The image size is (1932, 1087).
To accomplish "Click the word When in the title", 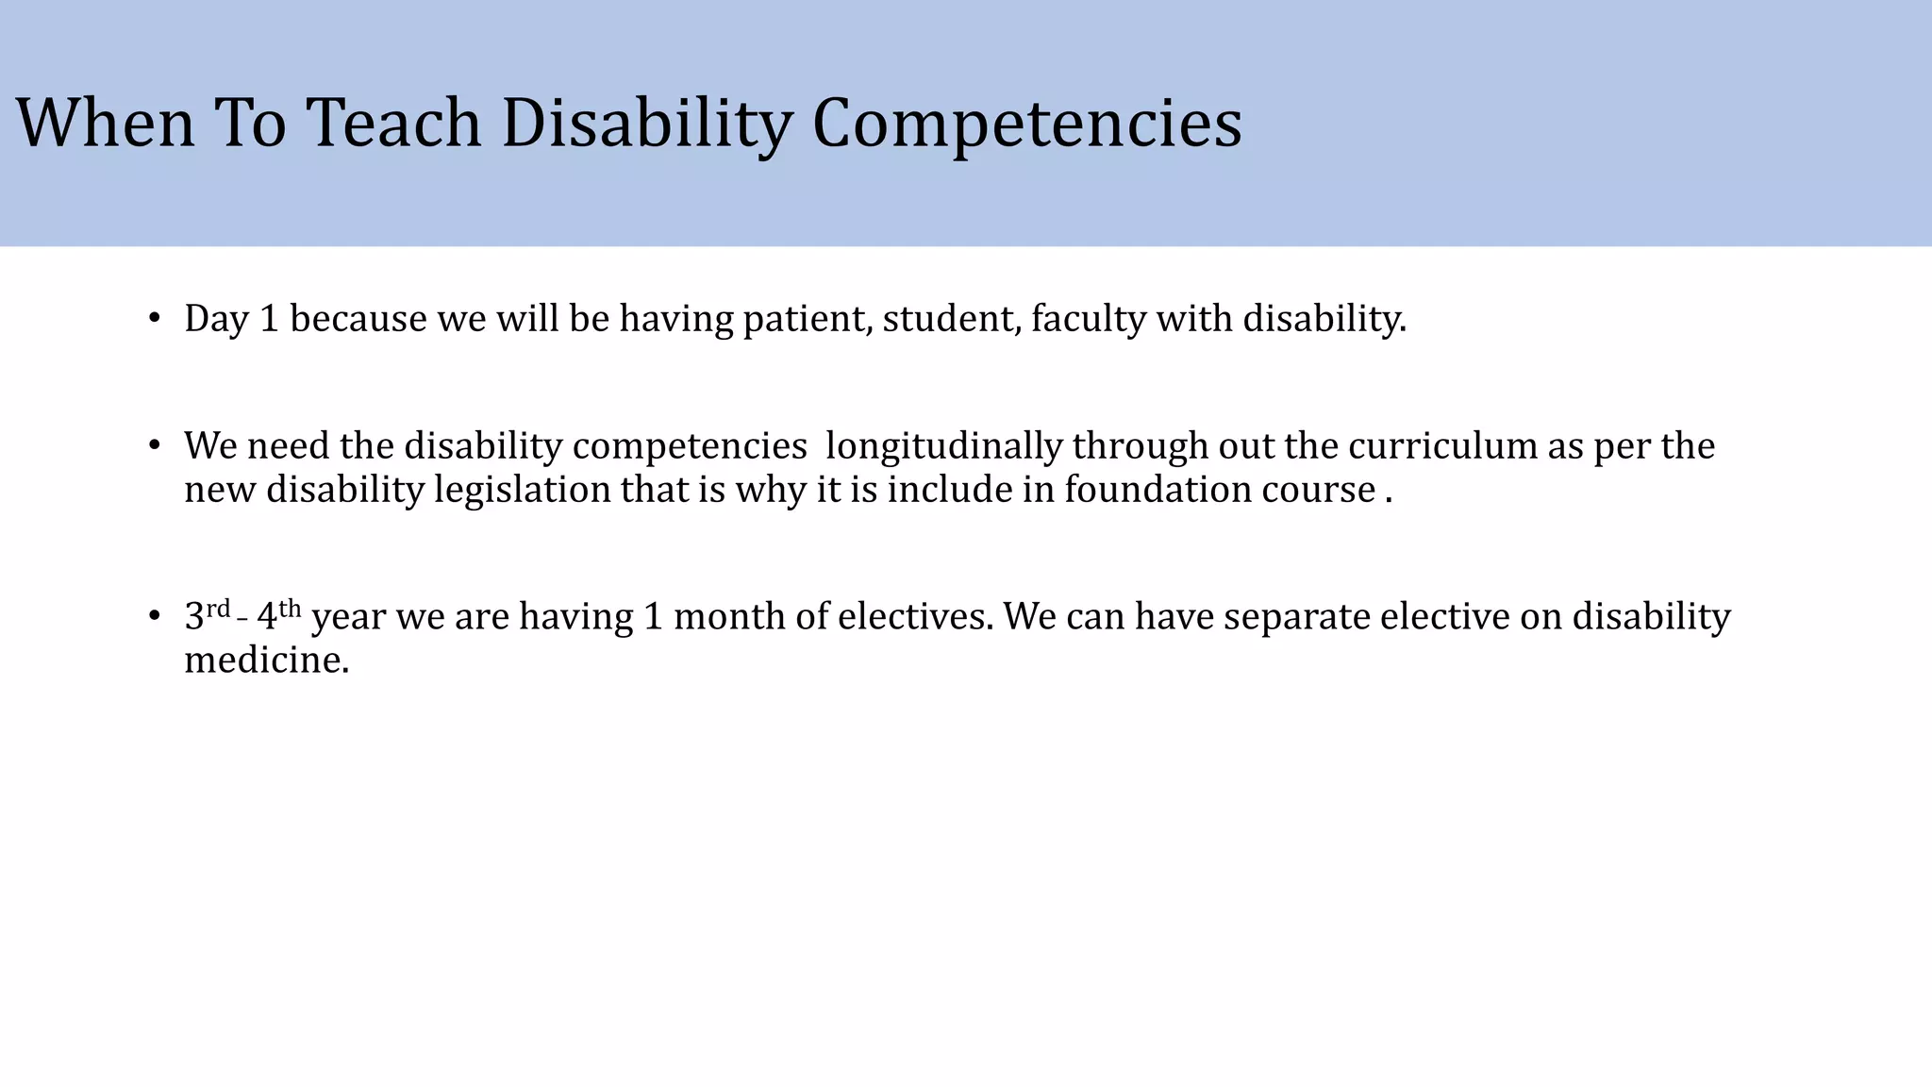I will click(105, 124).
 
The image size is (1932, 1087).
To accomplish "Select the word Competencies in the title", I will click(1026, 124).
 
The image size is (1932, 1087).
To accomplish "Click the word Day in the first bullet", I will click(216, 319).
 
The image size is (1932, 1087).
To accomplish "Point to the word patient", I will click(808, 319).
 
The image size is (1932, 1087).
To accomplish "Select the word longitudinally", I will click(943, 446).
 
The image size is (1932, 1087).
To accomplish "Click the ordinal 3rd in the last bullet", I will click(207, 615).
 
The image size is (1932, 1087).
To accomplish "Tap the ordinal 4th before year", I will click(278, 615).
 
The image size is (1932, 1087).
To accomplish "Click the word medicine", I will click(266, 661).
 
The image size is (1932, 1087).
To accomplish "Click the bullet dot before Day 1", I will click(155, 319).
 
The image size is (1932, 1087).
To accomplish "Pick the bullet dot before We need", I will click(155, 446).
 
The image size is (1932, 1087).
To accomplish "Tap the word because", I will click(358, 319).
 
